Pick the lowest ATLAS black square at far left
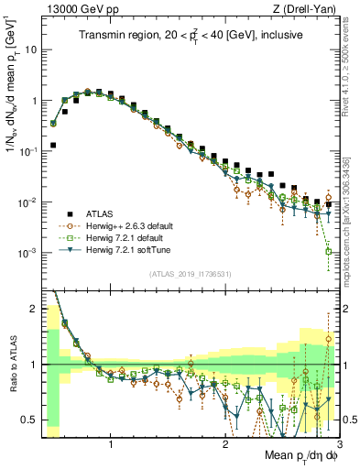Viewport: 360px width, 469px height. pyautogui.click(x=53, y=145)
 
